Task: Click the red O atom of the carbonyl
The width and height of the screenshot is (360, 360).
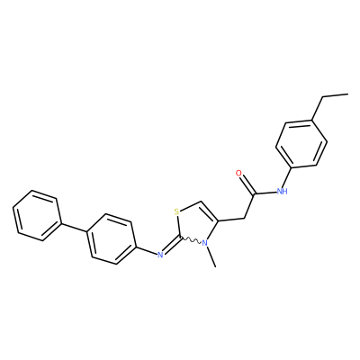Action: (238, 173)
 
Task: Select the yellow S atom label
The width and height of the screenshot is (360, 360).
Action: (176, 212)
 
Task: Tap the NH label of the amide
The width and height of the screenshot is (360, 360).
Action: (282, 191)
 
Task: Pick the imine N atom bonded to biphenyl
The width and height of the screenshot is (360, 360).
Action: (160, 255)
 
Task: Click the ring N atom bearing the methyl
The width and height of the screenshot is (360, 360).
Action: (204, 243)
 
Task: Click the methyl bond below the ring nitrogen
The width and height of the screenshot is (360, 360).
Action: (211, 257)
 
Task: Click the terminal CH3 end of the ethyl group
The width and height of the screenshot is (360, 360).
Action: (348, 94)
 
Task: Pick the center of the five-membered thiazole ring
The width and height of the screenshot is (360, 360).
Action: (195, 224)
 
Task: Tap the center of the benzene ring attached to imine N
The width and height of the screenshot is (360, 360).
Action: (112, 239)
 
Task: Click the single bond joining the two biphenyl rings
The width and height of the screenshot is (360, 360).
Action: (74, 227)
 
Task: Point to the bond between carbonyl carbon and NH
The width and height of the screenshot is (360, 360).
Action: (265, 193)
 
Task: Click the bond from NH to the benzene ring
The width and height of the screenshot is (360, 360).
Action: (287, 177)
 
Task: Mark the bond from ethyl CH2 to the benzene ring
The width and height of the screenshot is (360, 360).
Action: (318, 108)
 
